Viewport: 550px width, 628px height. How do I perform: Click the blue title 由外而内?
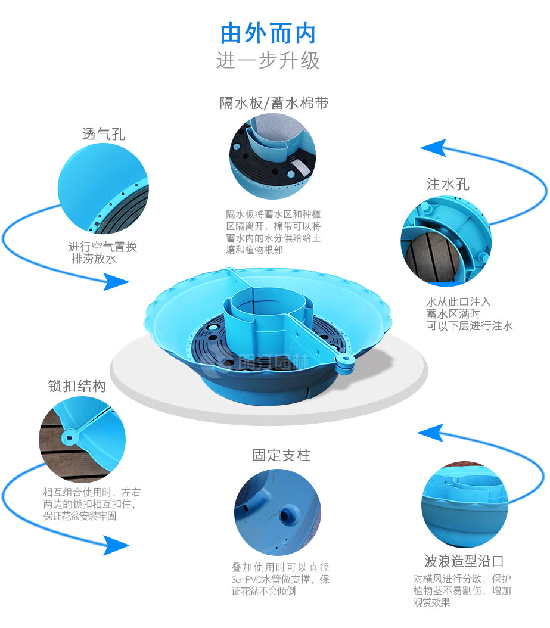(x=268, y=34)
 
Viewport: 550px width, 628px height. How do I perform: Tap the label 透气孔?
(x=104, y=133)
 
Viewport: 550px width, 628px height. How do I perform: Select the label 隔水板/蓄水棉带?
(x=274, y=103)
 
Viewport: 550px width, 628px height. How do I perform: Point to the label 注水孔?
(x=448, y=184)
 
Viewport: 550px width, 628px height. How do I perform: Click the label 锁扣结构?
(x=77, y=386)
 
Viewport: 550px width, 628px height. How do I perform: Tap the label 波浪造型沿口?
(x=464, y=561)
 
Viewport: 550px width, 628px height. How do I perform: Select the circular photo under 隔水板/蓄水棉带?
(x=273, y=157)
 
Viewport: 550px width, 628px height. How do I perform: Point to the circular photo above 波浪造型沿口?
(x=464, y=505)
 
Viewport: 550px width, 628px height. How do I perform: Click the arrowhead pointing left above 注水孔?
(x=433, y=147)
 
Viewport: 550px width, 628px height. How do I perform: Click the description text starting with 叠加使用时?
(x=280, y=579)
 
